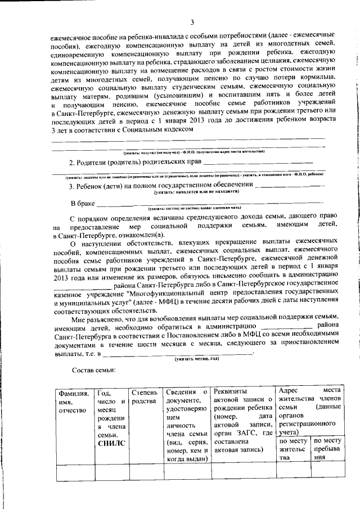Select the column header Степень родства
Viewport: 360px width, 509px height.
[144, 397]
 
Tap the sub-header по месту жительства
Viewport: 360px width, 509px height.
[293, 449]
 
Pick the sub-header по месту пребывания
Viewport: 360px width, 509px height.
[327, 449]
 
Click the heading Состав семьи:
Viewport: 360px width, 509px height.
[93, 370]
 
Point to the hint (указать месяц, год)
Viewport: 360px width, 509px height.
[196, 359]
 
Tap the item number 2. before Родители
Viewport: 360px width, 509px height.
[71, 163]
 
